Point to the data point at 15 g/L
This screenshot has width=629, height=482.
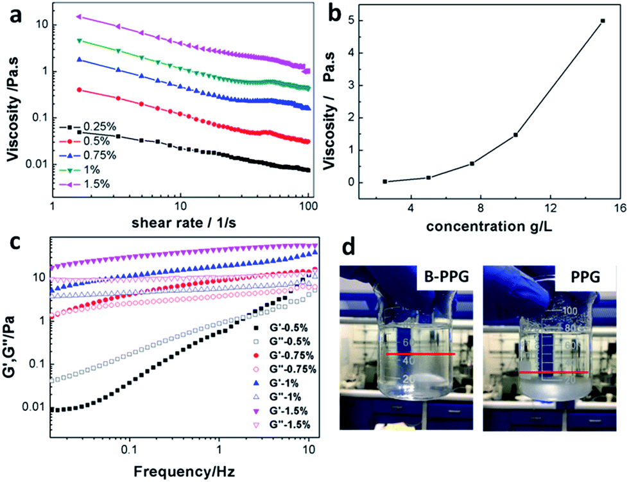603,21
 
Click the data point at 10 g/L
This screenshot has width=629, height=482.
515,135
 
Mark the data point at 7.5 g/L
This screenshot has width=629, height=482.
472,164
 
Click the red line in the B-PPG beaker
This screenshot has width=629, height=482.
420,354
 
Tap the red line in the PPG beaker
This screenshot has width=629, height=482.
553,372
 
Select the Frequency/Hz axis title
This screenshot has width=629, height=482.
184,472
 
